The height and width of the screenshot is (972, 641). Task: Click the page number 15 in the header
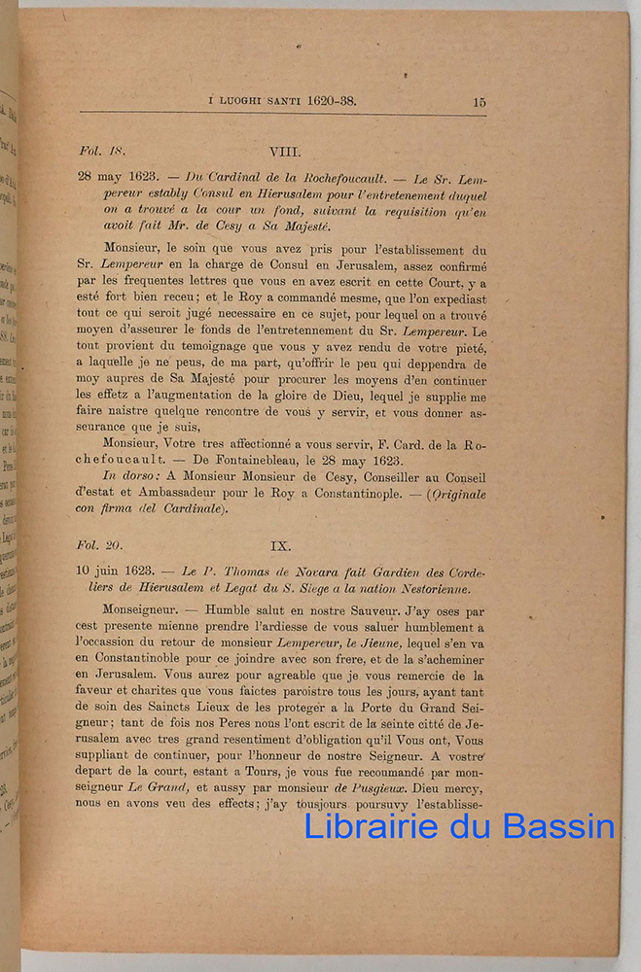tap(480, 101)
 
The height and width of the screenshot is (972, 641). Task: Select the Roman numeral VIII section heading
tap(285, 152)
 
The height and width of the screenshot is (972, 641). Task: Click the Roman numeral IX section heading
tap(280, 546)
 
